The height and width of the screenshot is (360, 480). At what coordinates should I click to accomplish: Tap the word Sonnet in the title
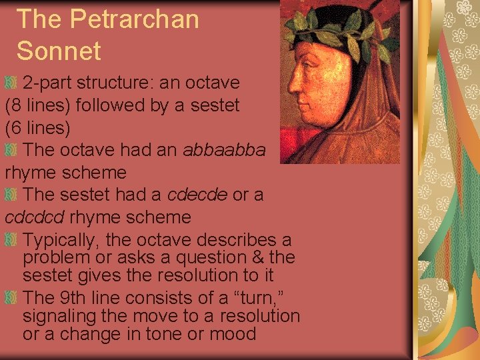click(x=58, y=51)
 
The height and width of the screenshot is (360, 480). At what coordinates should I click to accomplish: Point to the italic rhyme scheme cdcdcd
click(x=35, y=217)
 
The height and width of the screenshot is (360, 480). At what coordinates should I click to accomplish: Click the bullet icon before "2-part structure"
click(x=12, y=83)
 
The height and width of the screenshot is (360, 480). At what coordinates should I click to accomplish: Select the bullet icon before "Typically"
click(x=12, y=239)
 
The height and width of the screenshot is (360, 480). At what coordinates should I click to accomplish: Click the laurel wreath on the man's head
click(x=337, y=30)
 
